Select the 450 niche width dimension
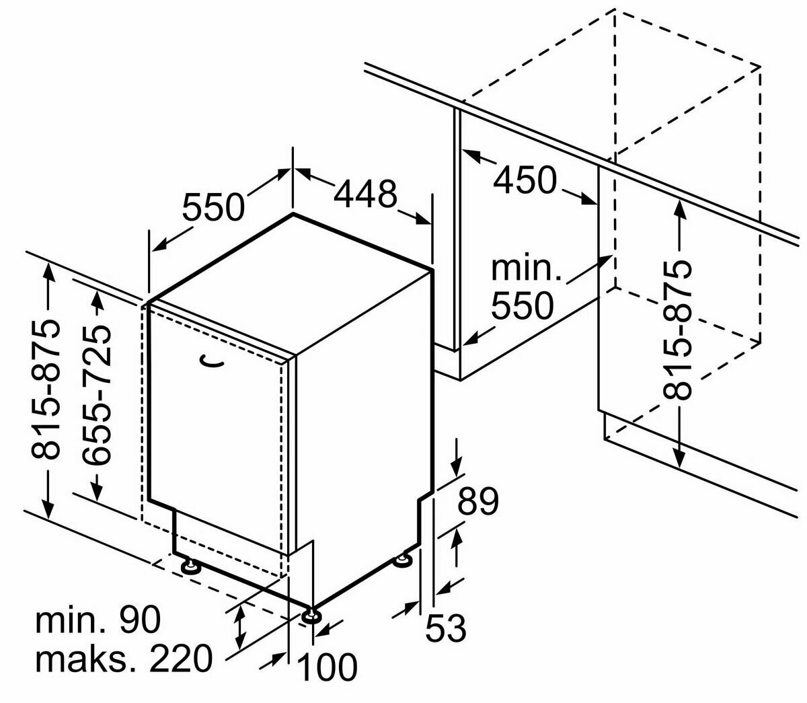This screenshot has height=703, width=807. tap(525, 179)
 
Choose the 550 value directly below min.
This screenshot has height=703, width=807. tap(522, 306)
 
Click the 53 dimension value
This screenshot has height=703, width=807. tap(445, 629)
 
